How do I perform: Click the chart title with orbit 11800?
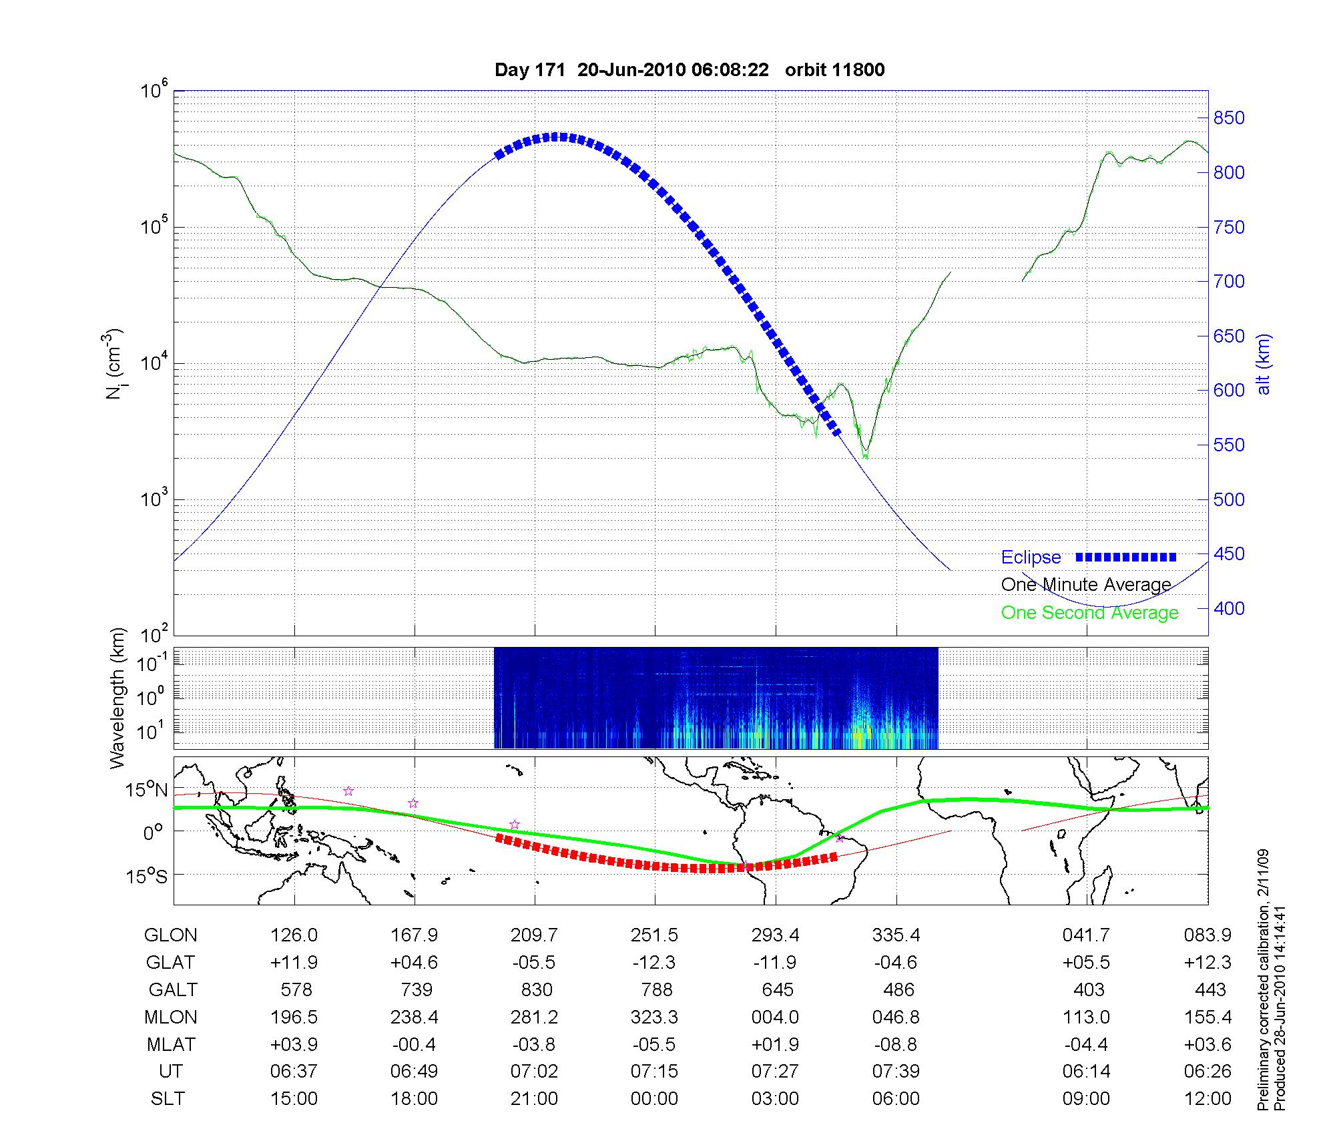(x=690, y=70)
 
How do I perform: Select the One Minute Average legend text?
(x=1086, y=585)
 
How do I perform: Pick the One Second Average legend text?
(x=1089, y=612)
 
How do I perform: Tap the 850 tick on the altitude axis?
(x=1229, y=118)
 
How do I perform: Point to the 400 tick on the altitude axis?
(x=1229, y=608)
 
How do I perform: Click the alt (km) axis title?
(x=1264, y=364)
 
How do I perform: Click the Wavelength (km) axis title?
(x=118, y=698)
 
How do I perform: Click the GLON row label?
(x=170, y=935)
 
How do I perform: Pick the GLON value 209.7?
(x=534, y=935)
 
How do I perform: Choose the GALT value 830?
(x=536, y=989)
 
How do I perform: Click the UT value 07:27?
(x=775, y=1072)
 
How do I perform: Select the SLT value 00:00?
(x=654, y=1099)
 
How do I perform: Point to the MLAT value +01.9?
(x=775, y=1044)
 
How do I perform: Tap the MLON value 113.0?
(x=1087, y=1017)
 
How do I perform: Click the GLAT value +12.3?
(x=1208, y=962)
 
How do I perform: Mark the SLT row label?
(x=168, y=1099)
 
